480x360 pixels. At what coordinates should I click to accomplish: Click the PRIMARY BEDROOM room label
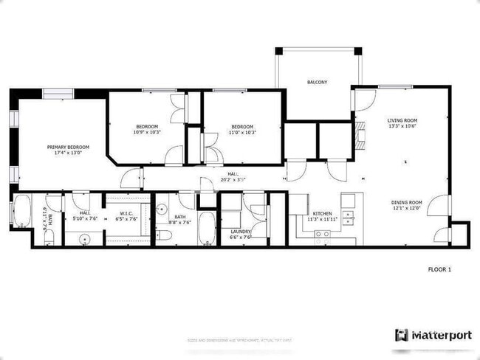(x=68, y=147)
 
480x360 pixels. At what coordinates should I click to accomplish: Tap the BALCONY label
(x=318, y=82)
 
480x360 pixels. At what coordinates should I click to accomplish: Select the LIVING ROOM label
(x=402, y=120)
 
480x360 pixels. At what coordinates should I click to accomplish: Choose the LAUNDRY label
(x=241, y=232)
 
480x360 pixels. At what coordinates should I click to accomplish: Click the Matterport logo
(x=433, y=335)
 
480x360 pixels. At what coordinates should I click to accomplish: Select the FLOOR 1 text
(x=439, y=269)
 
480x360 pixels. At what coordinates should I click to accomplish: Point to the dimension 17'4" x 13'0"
(x=68, y=153)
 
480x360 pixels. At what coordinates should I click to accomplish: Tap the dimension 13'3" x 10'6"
(x=402, y=126)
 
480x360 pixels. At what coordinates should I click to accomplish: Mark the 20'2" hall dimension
(x=233, y=179)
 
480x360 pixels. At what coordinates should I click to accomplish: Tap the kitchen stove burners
(x=323, y=237)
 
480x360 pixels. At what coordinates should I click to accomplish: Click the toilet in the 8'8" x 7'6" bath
(x=164, y=235)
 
